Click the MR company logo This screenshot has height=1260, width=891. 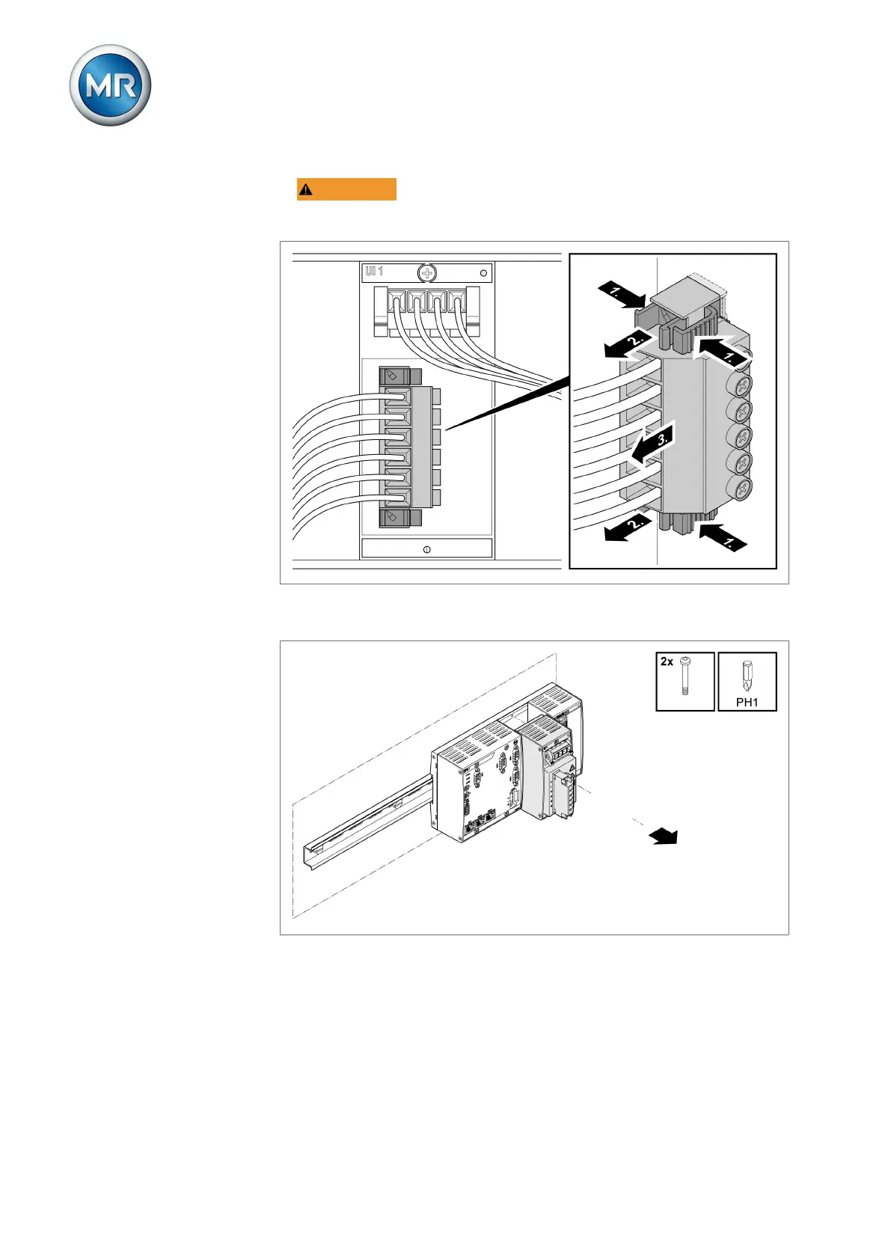tap(110, 85)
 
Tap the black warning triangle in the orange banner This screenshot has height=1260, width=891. tap(306, 190)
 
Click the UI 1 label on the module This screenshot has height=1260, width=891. tap(374, 272)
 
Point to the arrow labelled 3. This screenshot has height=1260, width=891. tap(650, 446)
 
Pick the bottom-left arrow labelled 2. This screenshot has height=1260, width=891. tap(626, 527)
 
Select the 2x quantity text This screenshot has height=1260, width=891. tap(667, 661)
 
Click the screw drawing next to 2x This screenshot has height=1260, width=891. tap(686, 676)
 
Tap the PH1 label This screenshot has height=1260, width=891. tap(747, 702)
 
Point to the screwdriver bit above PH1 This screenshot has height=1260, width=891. tap(746, 678)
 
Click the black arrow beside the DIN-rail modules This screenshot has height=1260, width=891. tap(664, 837)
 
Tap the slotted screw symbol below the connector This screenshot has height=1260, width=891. tap(426, 549)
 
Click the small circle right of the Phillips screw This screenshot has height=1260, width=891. tap(483, 273)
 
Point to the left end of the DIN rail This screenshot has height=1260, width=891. tap(307, 851)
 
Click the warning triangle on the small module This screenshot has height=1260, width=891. tap(570, 768)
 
